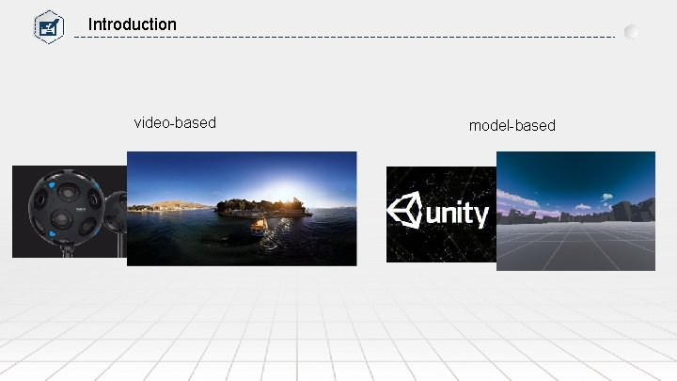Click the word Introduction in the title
(x=132, y=24)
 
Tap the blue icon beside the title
(x=47, y=25)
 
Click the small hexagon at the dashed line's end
(x=632, y=31)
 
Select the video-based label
(x=175, y=122)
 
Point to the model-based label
(x=512, y=125)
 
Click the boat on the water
(x=257, y=224)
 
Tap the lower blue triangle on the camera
(x=58, y=231)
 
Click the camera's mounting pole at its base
(x=69, y=251)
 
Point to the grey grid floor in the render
(x=575, y=246)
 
